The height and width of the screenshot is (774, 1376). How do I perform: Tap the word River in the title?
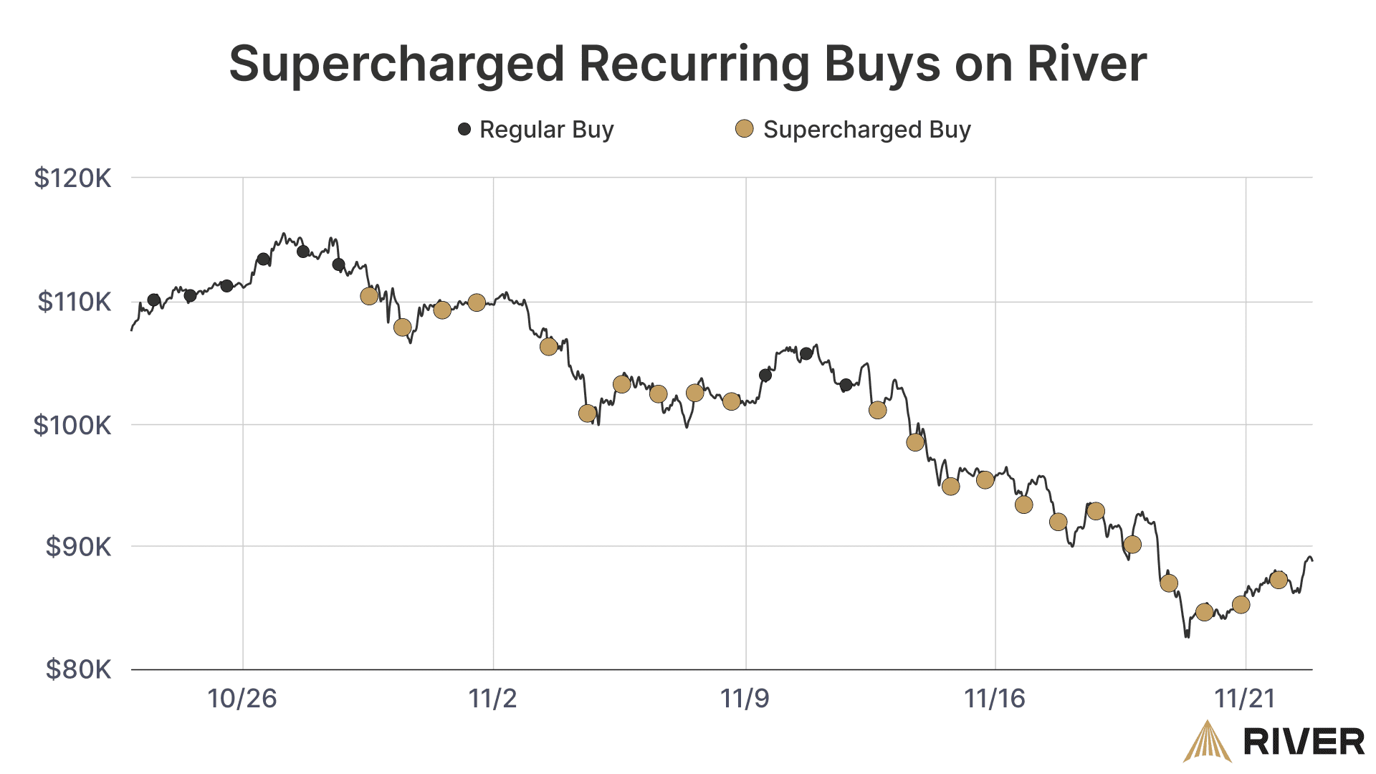tap(1086, 64)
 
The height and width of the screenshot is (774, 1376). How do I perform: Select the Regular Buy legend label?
tap(546, 130)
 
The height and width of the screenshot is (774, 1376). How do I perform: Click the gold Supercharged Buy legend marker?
tap(745, 129)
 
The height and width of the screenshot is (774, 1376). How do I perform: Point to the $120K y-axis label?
tap(72, 178)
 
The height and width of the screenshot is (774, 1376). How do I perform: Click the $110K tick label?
tap(74, 302)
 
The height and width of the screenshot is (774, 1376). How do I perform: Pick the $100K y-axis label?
tap(72, 425)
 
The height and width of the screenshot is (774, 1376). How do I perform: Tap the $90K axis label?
tap(78, 547)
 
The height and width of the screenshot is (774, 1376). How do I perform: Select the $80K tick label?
tap(78, 669)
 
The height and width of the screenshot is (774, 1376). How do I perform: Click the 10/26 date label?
tap(242, 698)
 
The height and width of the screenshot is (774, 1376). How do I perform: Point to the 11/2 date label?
tap(493, 698)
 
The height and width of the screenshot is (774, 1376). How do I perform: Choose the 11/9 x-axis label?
tap(745, 698)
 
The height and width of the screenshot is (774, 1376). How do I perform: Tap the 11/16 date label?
tap(995, 698)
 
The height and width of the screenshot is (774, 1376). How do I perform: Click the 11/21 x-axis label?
tap(1246, 698)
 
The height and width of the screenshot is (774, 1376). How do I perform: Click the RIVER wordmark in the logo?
tap(1304, 742)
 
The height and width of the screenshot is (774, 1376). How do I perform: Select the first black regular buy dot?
tap(153, 300)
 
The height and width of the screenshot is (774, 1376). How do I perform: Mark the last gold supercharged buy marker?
tap(1279, 580)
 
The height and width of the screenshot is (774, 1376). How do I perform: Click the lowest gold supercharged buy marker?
tap(1205, 612)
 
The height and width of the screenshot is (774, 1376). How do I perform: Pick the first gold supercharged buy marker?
tap(369, 296)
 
